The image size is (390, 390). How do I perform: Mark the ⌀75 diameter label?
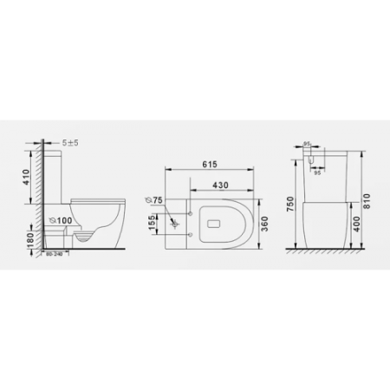coord(157,200)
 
